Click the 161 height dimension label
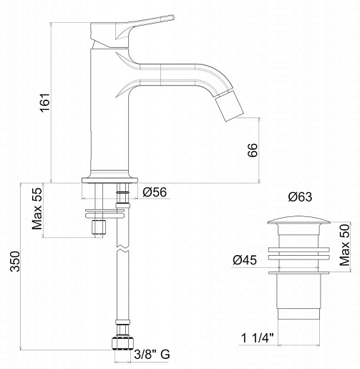pos(45,102)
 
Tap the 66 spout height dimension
pos(253,150)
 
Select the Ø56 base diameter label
pos(155,192)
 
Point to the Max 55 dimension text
pos(37,209)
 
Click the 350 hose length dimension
pos(15,262)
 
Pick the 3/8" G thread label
pos(152,355)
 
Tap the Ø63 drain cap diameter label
pos(300,197)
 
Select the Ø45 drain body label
pos(245,260)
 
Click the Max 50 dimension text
pos(345,245)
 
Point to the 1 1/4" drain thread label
pos(258,338)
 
